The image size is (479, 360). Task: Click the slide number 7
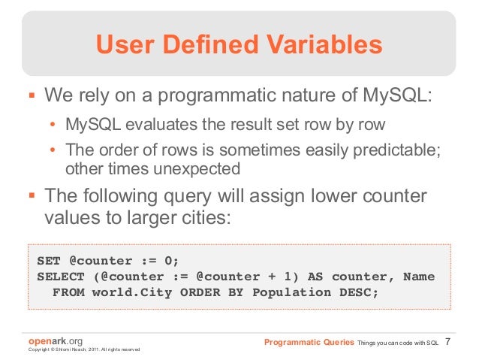448,343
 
